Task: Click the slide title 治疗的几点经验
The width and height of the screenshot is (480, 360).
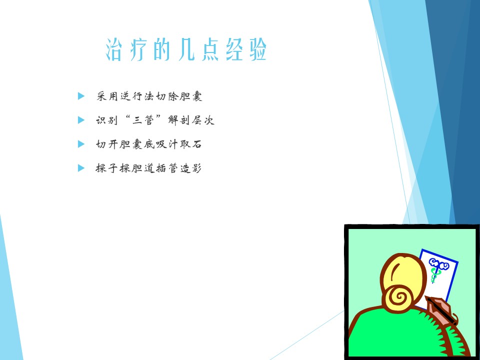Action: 186,49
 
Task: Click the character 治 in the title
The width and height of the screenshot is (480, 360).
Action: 113,49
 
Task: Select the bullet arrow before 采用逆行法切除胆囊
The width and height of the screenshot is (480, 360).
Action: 81,96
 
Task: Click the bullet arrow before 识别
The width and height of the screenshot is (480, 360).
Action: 81,120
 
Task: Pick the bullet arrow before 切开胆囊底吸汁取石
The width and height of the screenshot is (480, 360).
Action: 81,144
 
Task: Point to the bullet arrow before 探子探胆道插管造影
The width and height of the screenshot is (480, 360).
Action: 81,168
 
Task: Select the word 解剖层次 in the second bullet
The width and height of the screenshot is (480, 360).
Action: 191,120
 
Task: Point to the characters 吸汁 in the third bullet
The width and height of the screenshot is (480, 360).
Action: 167,144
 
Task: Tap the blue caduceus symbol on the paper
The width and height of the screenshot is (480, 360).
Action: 437,269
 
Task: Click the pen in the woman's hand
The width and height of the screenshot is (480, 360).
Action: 441,310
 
